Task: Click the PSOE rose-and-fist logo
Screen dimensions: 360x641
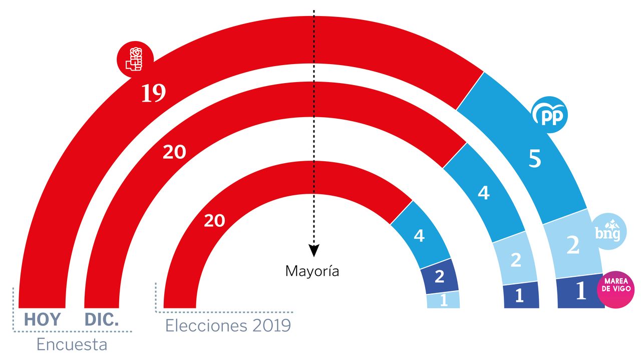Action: click(x=134, y=58)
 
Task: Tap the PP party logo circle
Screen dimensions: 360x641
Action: click(x=549, y=116)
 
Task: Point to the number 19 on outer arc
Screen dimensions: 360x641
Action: click(x=153, y=94)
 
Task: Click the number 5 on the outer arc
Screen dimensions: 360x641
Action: click(x=535, y=159)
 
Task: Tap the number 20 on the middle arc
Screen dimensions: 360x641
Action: click(x=174, y=152)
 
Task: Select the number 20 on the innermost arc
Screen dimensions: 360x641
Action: click(x=214, y=220)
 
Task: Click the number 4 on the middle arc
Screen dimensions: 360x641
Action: click(x=483, y=193)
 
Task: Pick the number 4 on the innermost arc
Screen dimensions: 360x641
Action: click(x=419, y=235)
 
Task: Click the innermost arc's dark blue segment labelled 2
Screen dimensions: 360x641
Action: click(x=439, y=276)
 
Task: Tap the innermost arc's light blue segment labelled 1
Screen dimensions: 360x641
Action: click(x=443, y=300)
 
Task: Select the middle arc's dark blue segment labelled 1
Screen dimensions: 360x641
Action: click(x=519, y=296)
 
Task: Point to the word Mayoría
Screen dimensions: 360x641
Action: click(x=312, y=271)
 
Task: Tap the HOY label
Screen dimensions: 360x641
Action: click(x=42, y=319)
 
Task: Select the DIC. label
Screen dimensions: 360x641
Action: click(x=102, y=319)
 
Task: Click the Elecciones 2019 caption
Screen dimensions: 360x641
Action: click(x=228, y=326)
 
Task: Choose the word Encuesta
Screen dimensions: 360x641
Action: click(x=72, y=345)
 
